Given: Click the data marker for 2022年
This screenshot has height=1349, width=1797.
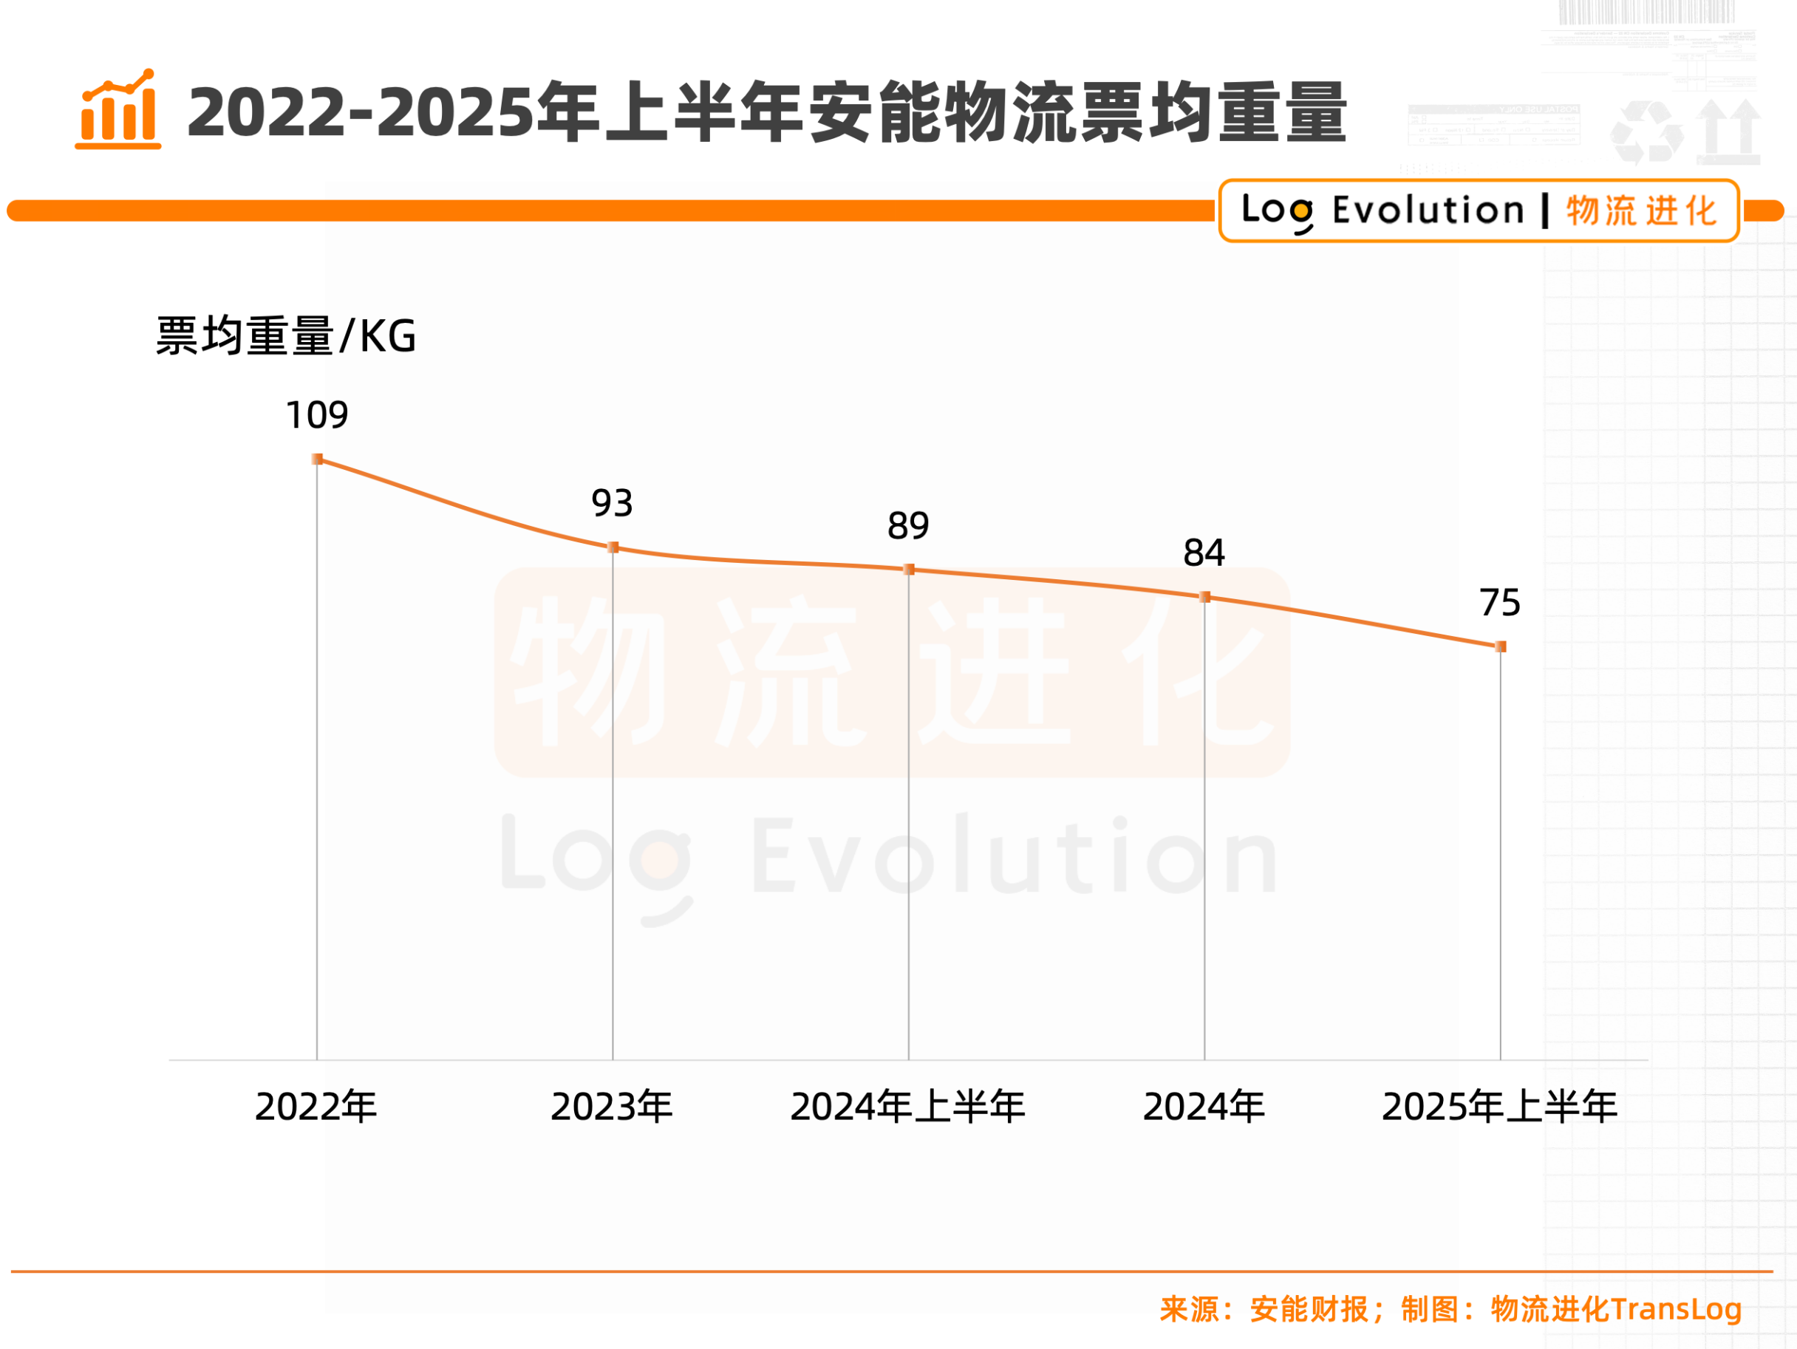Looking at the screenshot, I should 318,460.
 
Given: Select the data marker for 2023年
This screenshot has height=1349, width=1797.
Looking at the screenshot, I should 613,547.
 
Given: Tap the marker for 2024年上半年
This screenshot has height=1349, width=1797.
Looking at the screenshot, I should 909,570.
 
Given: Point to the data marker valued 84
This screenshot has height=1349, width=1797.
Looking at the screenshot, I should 1204,597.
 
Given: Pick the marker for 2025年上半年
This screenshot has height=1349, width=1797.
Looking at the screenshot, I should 1501,646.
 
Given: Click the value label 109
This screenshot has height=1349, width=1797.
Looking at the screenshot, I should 317,416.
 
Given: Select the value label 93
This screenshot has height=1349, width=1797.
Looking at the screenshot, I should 612,504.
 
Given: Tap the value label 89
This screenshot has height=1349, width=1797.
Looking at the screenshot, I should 908,526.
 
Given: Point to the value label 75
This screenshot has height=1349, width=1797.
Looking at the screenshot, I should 1500,603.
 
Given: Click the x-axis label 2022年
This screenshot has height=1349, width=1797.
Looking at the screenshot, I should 316,1107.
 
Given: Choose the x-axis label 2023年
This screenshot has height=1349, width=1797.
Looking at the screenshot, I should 612,1107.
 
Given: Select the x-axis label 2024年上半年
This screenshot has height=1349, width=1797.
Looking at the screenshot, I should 908,1107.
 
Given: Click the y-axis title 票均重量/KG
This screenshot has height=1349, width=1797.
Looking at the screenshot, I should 286,336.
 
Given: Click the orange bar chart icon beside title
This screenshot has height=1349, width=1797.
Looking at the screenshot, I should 117,109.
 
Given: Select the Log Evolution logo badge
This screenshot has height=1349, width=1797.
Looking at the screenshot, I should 1479,211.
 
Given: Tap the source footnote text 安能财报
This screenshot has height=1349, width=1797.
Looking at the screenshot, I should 1309,1309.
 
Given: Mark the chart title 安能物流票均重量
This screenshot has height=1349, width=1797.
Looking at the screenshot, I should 767,112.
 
